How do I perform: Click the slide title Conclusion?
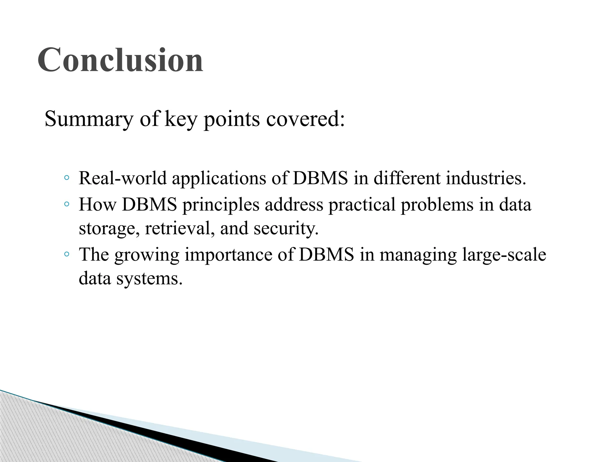[120, 60]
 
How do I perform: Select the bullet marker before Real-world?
[67, 178]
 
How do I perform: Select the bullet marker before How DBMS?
[67, 205]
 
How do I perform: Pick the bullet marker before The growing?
[67, 255]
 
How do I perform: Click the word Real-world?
[123, 178]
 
